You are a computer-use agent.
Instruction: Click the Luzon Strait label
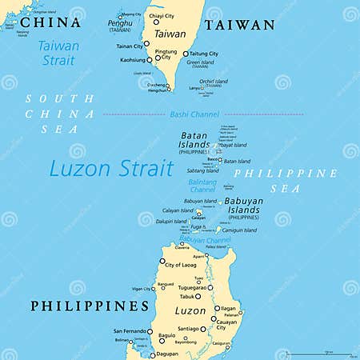(111, 170)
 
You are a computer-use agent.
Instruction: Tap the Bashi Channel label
(190, 114)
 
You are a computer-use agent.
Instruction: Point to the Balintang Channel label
(204, 186)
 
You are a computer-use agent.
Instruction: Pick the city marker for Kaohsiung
(151, 60)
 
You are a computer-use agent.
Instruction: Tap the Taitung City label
(203, 54)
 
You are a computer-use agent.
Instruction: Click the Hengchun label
(158, 90)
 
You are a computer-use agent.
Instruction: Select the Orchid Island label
(214, 81)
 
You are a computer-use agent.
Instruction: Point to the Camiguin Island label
(241, 230)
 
